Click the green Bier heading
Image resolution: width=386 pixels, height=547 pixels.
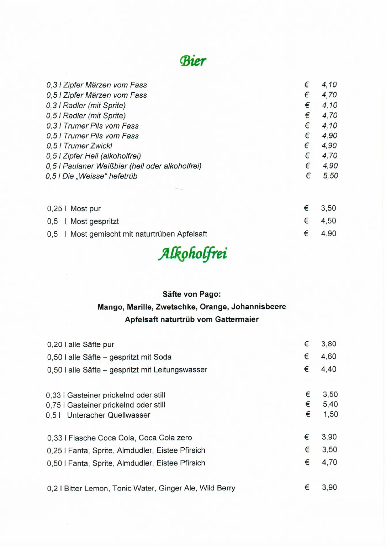tap(193, 60)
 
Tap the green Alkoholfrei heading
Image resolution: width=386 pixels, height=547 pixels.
tap(192, 254)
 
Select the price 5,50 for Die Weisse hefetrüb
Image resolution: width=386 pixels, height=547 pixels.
tap(330, 176)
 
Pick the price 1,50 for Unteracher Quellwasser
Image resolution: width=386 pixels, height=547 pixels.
tap(330, 414)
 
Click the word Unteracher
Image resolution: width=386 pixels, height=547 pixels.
tap(86, 415)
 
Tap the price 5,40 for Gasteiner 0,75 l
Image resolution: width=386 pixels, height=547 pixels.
tap(330, 404)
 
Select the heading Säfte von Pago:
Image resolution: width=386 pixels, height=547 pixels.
tap(192, 294)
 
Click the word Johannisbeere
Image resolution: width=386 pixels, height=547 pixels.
tap(258, 307)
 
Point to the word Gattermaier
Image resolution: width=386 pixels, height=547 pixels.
tap(237, 319)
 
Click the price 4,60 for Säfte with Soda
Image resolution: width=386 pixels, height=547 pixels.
tap(328, 357)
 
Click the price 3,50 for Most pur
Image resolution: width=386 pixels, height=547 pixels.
tap(328, 208)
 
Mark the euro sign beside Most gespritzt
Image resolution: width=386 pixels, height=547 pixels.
tap(306, 221)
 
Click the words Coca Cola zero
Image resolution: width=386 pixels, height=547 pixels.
tap(165, 438)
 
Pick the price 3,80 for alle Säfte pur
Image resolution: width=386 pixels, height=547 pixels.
tap(329, 344)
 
